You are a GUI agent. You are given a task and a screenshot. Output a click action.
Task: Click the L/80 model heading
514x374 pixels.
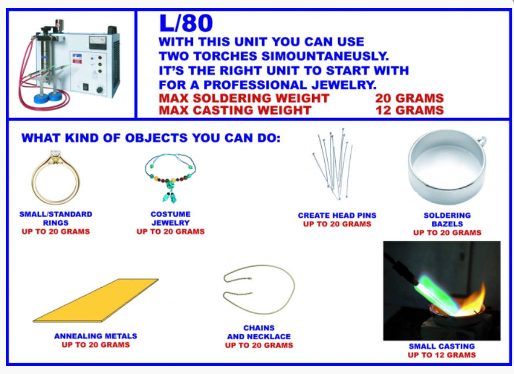coord(186,24)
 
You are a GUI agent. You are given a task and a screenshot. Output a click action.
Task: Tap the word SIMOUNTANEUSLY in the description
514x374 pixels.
coord(325,56)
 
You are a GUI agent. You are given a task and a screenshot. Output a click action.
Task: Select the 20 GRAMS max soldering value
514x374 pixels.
coord(409,98)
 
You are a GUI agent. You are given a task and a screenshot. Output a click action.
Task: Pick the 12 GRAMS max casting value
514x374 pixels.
coord(409,110)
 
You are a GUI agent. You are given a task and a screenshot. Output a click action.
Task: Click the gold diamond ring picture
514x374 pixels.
coord(35,184)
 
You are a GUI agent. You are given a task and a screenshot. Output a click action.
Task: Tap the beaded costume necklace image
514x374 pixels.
coord(170,177)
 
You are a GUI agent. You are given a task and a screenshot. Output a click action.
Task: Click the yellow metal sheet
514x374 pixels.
coord(96,300)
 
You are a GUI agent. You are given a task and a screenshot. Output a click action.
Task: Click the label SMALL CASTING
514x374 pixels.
coord(442,346)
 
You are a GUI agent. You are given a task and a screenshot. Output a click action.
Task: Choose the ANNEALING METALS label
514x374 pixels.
coord(96,336)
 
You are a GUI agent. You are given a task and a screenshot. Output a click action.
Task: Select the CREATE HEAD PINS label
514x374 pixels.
coord(337,215)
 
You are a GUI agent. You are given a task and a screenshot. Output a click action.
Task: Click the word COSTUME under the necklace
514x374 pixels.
coord(170,214)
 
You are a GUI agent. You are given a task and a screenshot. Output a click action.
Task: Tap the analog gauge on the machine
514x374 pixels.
coord(97,43)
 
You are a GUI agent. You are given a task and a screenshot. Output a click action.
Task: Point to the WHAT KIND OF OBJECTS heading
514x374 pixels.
coord(151,138)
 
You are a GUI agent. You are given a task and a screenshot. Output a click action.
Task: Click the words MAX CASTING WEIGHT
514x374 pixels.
coord(235,110)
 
